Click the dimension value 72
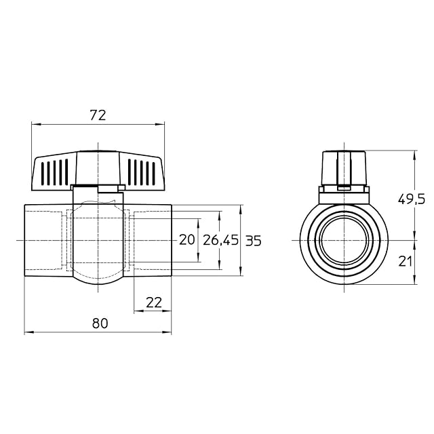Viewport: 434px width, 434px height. [98, 115]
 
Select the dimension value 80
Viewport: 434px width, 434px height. [100, 323]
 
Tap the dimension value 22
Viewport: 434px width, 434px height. [154, 302]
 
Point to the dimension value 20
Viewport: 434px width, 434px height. [187, 239]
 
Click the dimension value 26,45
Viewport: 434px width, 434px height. [220, 240]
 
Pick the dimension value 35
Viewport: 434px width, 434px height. [253, 241]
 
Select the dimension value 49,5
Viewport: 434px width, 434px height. [412, 199]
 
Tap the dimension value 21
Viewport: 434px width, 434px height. [405, 261]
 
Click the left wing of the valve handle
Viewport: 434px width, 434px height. [54, 172]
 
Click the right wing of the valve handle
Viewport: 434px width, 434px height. [142, 172]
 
